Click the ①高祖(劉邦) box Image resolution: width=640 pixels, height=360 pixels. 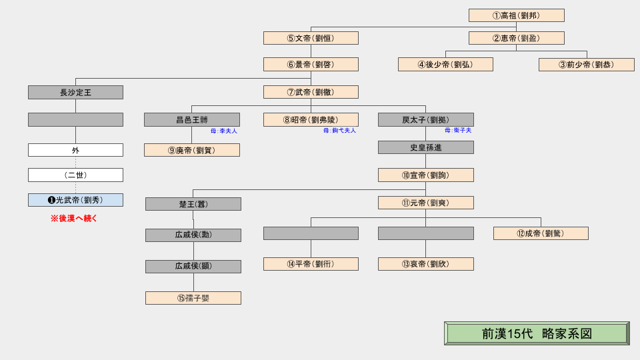pyautogui.click(x=516, y=15)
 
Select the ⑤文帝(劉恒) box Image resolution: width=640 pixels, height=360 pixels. pyautogui.click(x=311, y=38)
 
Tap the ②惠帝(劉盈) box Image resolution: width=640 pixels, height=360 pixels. pyautogui.click(x=516, y=38)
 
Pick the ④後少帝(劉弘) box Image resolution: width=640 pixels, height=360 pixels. pyautogui.click(x=445, y=65)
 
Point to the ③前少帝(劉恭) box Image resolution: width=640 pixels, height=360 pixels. pyautogui.click(x=587, y=65)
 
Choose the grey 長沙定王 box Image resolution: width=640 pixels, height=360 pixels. pyautogui.click(x=75, y=93)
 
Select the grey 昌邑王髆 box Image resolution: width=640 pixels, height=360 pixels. pyautogui.click(x=192, y=120)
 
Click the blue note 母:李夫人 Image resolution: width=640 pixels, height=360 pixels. pyautogui.click(x=224, y=131)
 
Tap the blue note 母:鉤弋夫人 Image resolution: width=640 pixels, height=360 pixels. pyautogui.click(x=339, y=131)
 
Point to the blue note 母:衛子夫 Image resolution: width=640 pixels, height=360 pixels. pyautogui.click(x=458, y=131)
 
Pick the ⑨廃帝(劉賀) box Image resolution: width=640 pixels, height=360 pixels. pyautogui.click(x=192, y=150)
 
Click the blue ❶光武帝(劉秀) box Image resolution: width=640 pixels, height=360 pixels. pyautogui.click(x=75, y=200)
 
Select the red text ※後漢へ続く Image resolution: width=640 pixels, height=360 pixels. pyautogui.click(x=74, y=218)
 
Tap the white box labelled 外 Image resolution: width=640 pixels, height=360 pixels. pyautogui.click(x=75, y=150)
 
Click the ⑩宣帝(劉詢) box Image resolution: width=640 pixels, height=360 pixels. pyautogui.click(x=425, y=175)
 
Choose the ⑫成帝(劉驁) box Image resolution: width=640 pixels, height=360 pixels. pyautogui.click(x=541, y=233)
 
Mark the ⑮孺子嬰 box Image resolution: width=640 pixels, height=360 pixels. pyautogui.click(x=193, y=298)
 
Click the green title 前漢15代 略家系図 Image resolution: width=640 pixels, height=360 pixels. pyautogui.click(x=537, y=333)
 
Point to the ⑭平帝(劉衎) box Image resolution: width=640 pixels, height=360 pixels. pyautogui.click(x=311, y=264)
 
